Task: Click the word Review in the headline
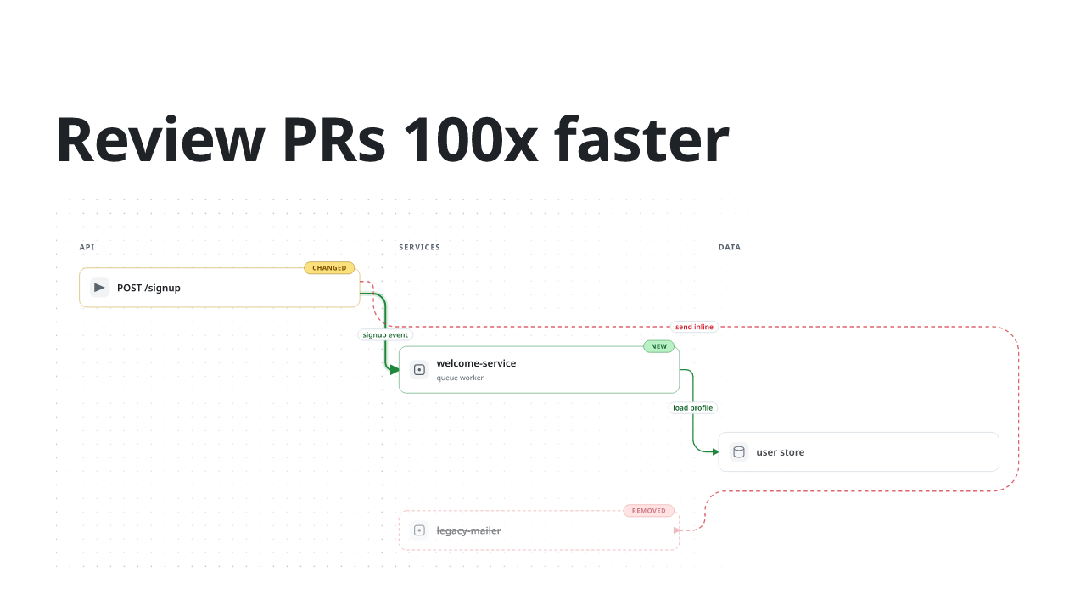(161, 140)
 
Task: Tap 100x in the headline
(470, 140)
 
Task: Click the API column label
(87, 247)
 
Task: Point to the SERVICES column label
(419, 247)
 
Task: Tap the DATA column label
(729, 247)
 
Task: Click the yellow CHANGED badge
(329, 267)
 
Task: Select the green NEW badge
(658, 346)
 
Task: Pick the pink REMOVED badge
(648, 511)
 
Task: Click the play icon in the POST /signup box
(99, 288)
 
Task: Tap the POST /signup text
(148, 288)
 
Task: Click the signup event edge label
(385, 334)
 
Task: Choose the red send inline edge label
(694, 327)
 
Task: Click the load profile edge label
(692, 408)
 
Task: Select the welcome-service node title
(476, 363)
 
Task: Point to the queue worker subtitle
(460, 378)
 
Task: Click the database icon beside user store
(739, 452)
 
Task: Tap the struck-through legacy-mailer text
(469, 530)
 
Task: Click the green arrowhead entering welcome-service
(395, 370)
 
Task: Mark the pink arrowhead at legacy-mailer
(677, 530)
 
